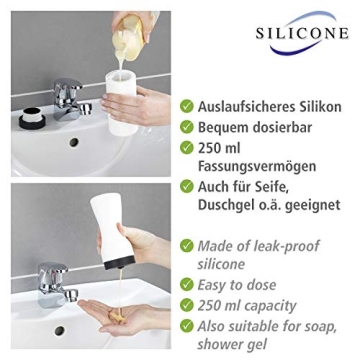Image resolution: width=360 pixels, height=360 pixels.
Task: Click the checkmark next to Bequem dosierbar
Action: pos(187,128)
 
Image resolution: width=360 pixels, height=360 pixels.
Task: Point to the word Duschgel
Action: pos(231,209)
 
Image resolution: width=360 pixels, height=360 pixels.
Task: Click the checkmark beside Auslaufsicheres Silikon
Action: pos(187,105)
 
